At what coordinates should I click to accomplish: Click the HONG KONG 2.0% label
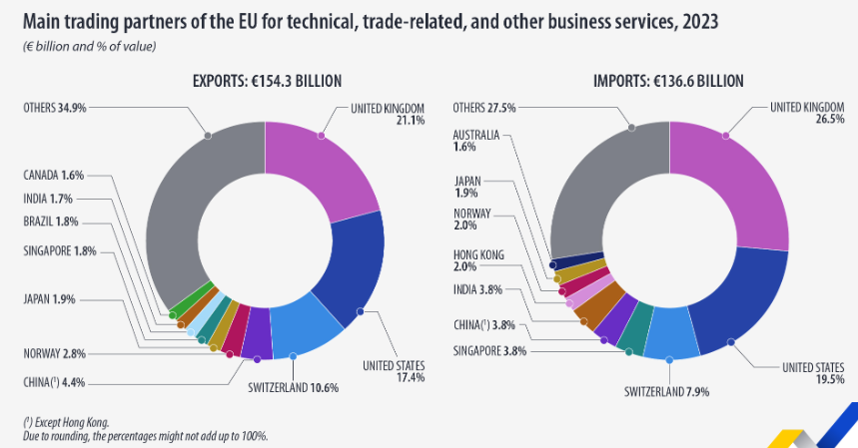pos(478,260)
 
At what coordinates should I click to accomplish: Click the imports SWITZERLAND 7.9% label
pos(667,391)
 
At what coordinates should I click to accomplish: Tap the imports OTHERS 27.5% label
pos(483,107)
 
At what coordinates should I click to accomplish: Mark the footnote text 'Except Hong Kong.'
pos(69,422)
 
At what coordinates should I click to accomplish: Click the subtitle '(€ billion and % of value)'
pos(89,46)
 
